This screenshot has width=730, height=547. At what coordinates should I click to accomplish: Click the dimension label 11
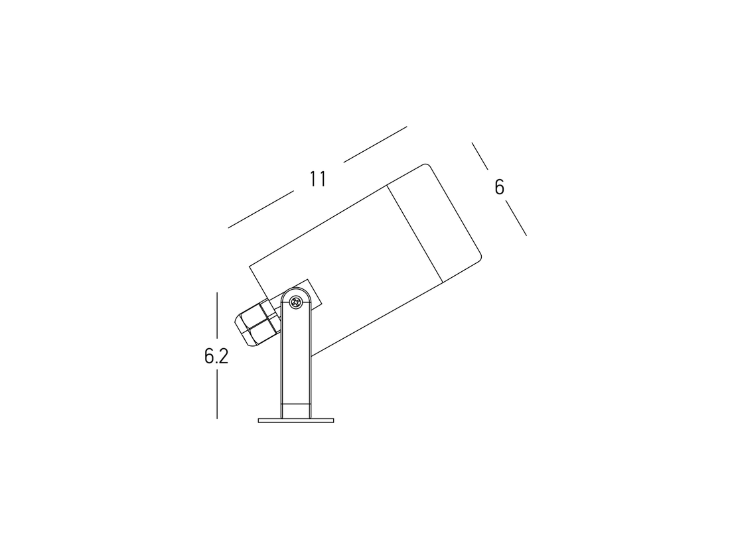(318, 179)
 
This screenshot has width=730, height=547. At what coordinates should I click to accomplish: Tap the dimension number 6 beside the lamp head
(499, 188)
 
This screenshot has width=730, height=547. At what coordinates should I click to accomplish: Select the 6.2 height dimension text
(216, 356)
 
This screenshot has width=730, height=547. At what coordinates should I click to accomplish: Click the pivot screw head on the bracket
(296, 303)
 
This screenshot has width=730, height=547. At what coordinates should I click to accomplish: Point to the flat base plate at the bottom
(296, 420)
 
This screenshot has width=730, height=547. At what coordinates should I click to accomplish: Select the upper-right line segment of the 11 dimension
(375, 144)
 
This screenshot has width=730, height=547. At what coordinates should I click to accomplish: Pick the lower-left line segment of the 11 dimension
(261, 210)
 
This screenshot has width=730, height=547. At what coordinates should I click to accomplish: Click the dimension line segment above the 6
(480, 156)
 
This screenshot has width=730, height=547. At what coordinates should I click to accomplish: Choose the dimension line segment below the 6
(516, 218)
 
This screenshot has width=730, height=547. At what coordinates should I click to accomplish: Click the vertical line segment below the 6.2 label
(217, 394)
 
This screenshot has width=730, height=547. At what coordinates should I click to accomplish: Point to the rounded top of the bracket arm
(296, 292)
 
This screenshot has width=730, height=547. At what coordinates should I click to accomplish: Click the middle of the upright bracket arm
(296, 358)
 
